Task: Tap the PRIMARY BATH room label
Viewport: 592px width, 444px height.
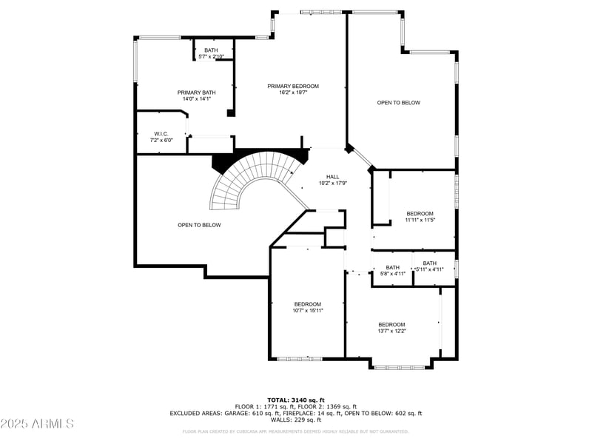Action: pos(196,92)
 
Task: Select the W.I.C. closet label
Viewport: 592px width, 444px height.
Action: pos(161,134)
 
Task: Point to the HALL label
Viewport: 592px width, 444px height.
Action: pos(333,177)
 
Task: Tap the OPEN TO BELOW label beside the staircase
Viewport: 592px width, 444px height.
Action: pos(198,225)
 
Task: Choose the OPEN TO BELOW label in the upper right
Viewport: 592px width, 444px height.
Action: pos(398,103)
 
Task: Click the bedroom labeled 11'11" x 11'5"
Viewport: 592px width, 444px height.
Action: pos(420,216)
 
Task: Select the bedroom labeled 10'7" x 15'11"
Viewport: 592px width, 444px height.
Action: pos(307,307)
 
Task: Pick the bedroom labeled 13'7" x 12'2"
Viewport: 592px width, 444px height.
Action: pos(391,327)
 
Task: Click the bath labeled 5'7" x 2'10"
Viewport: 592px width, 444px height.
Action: pos(211,53)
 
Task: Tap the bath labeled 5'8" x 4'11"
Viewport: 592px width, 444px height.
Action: pos(392,270)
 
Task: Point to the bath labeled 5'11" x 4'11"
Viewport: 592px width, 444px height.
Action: pos(429,266)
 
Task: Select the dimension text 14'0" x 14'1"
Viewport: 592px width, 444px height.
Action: pos(196,98)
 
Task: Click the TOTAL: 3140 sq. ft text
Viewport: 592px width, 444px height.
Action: pos(296,400)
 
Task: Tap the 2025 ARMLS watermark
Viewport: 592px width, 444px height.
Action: pos(37,424)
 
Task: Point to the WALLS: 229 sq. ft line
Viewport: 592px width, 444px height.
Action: pos(296,420)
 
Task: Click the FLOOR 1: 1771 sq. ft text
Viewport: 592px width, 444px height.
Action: pos(266,406)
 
